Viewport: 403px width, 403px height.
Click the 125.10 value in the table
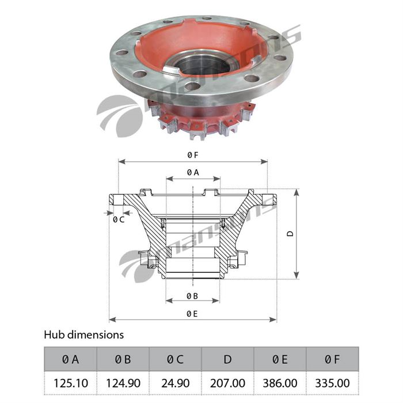[70, 383]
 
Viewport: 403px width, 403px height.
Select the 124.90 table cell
[123, 383]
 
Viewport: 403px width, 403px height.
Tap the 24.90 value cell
[176, 383]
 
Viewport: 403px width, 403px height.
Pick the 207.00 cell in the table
[228, 383]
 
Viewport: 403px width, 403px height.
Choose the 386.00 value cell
[280, 383]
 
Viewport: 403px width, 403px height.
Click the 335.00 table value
[333, 383]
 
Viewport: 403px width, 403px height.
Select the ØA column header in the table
[70, 359]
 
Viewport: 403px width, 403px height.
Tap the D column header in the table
[228, 359]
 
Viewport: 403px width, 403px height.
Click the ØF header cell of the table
[333, 359]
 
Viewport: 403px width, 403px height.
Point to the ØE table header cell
[280, 359]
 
